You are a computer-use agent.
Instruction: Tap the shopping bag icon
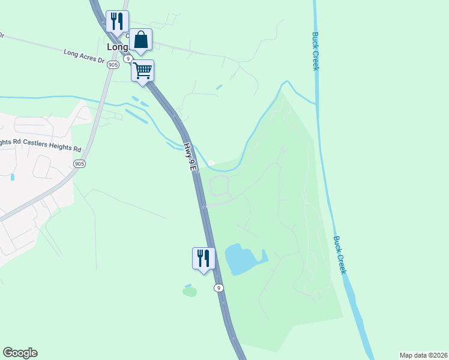coord(141,40)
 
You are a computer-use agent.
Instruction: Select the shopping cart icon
coord(143,70)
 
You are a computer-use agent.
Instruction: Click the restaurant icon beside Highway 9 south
coord(203,258)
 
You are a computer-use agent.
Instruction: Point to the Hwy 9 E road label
coord(190,158)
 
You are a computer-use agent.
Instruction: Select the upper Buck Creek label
coord(315,51)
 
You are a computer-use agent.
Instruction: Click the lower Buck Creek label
coord(340,254)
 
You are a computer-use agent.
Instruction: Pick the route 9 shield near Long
coord(128,58)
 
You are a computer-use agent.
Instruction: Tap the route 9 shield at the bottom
coord(219,288)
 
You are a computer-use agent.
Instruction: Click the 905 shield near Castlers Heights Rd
coord(79,163)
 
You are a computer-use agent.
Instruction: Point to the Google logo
coord(20,353)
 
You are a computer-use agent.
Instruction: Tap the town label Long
coord(117,46)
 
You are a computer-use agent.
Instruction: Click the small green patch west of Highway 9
coord(190,292)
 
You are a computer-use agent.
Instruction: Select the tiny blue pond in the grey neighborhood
coord(12,177)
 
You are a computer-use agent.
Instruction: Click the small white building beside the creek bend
coord(211,162)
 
